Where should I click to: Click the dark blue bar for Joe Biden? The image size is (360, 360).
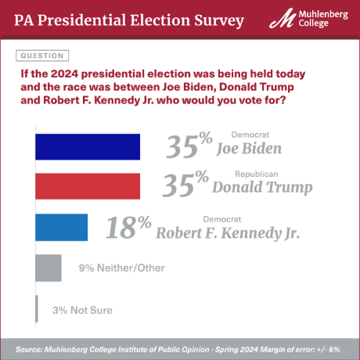[x=88, y=147]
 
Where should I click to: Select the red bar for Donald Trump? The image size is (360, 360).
[x=88, y=186]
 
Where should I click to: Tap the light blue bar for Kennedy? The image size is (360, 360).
[x=62, y=227]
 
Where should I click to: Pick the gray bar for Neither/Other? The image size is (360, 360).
[x=49, y=268]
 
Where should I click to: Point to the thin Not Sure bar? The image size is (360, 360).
[x=37, y=309]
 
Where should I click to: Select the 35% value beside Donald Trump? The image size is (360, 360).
[x=185, y=185]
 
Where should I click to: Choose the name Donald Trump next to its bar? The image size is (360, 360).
[x=262, y=188]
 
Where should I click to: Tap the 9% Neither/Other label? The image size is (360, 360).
[x=121, y=268]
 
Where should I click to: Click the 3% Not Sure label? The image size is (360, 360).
[x=82, y=310]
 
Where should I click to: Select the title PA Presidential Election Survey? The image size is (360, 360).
[x=128, y=20]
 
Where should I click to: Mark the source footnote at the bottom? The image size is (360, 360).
[x=180, y=348]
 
